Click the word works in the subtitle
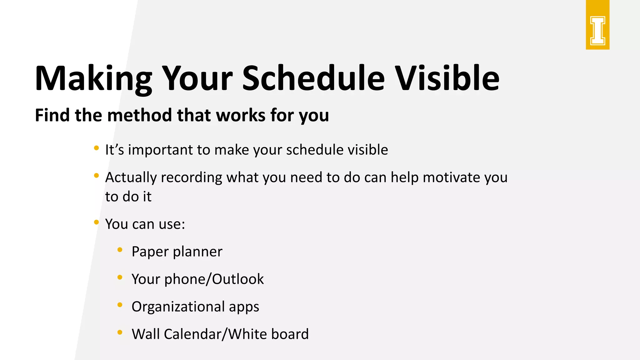(x=241, y=115)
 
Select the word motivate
(x=451, y=177)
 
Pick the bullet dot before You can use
(x=97, y=222)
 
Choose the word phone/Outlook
(x=214, y=279)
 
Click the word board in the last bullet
(x=290, y=334)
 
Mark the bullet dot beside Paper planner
(x=120, y=250)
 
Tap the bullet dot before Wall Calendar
(x=120, y=332)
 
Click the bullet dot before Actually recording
(x=97, y=176)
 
